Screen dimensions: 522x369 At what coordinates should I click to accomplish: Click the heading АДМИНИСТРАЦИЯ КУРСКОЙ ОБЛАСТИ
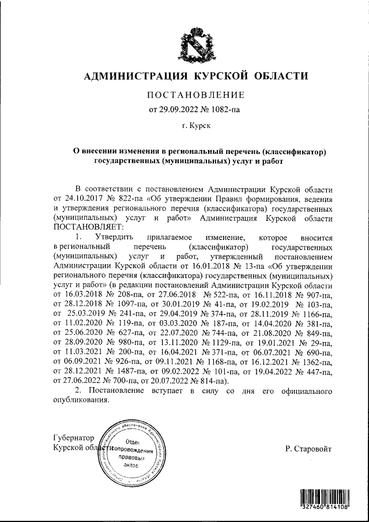tap(197, 76)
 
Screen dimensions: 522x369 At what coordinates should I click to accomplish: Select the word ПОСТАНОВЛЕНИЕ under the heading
tap(197, 95)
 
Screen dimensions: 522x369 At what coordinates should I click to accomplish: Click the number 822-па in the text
tap(125, 200)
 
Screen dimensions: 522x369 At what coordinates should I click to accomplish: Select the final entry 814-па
tap(212, 381)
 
